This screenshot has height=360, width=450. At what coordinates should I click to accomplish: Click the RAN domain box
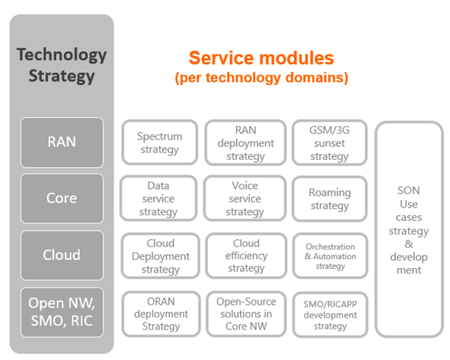(61, 142)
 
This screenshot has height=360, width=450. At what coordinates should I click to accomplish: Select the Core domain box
(61, 198)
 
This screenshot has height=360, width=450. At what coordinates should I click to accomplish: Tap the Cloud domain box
(61, 255)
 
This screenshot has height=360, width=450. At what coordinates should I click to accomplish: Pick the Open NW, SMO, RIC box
(61, 312)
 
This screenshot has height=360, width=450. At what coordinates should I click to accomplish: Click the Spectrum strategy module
(159, 143)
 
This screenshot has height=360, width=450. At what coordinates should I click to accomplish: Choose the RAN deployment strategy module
(245, 143)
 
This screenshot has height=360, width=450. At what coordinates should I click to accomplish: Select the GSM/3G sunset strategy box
(330, 143)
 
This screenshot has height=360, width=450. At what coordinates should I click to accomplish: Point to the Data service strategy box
(158, 199)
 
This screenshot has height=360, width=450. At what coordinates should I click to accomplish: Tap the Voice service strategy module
(245, 199)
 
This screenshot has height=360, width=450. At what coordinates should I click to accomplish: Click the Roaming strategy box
(330, 199)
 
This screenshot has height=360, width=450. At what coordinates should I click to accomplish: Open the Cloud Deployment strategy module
(160, 255)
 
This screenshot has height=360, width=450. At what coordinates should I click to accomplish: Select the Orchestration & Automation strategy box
(330, 256)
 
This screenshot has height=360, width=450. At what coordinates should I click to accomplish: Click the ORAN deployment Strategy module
(160, 313)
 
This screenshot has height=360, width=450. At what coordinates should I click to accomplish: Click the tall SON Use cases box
(408, 230)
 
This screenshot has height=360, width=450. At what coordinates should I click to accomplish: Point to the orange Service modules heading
(261, 58)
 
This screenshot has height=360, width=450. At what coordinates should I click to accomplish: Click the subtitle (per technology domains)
(261, 77)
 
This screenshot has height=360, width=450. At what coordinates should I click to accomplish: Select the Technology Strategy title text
(61, 65)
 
